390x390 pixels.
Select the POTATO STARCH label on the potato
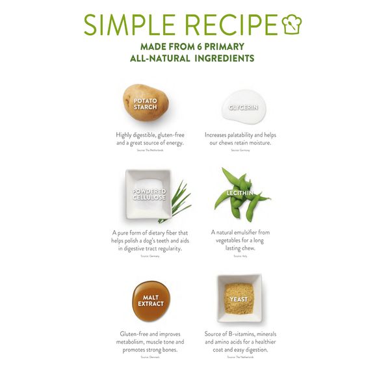click(146, 104)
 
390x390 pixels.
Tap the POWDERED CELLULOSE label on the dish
click(149, 194)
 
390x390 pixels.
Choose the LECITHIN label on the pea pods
click(240, 193)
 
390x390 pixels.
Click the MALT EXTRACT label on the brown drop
click(149, 300)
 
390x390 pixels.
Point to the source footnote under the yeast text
click(240, 357)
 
